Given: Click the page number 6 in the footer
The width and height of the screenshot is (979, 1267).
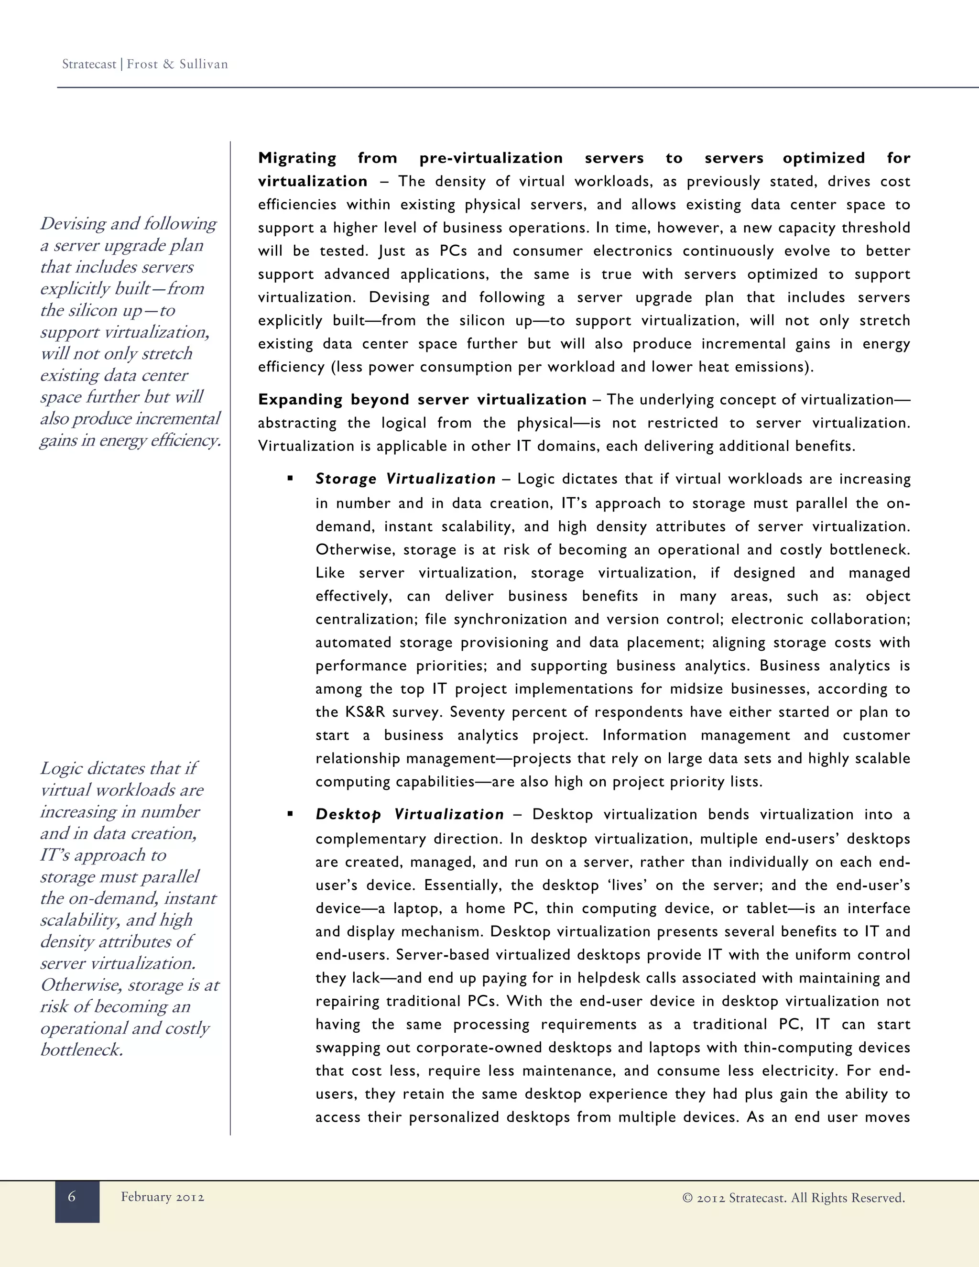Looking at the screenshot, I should pos(72,1196).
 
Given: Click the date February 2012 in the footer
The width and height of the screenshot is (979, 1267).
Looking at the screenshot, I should pos(163,1197).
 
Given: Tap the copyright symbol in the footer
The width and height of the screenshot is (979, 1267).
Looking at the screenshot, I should pos(687,1198).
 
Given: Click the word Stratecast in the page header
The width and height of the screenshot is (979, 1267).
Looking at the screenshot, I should pos(89,65).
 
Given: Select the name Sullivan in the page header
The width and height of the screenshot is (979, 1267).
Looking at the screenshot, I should pos(203,65).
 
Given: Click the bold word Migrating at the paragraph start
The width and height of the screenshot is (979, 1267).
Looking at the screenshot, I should pos(297,158).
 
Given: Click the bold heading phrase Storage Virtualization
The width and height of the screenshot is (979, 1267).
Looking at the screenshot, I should pos(405,479).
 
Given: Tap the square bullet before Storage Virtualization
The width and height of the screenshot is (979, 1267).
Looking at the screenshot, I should pos(290,479).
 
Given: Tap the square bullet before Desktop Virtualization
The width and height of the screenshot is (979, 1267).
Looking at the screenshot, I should pos(290,814).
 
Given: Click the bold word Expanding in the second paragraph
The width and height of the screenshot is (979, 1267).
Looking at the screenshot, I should pos(300,400).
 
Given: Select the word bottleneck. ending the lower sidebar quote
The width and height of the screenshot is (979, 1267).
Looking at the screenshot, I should pos(82,1049).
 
